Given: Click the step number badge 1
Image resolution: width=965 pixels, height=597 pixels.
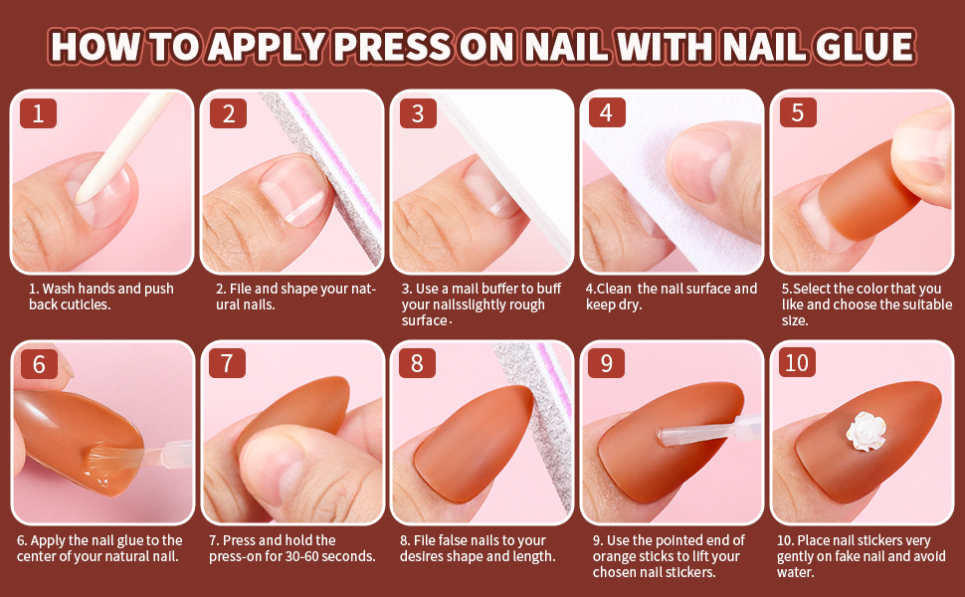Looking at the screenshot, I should [38, 113].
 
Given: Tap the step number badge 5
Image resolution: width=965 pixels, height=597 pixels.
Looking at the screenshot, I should [797, 113].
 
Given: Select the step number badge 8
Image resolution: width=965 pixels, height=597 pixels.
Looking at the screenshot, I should [417, 363].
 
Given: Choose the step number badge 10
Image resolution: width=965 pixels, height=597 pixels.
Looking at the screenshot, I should [797, 363].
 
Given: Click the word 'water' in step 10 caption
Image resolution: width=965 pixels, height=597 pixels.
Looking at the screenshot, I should [795, 572].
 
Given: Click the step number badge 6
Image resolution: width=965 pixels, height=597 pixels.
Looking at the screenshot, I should [38, 363].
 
